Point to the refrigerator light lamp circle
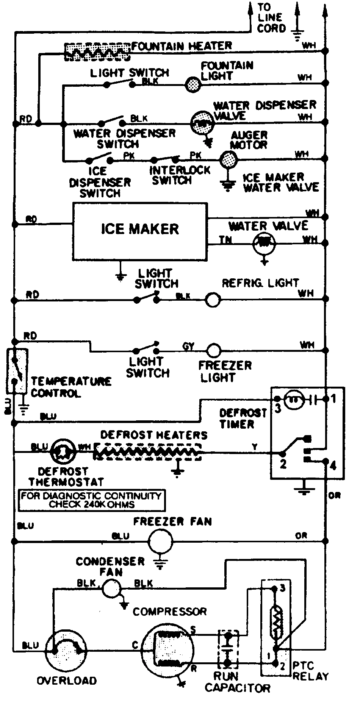[x=213, y=300]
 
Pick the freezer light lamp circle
[x=213, y=350]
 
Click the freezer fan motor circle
[x=160, y=542]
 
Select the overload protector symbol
[x=66, y=650]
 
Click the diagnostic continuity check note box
[x=91, y=500]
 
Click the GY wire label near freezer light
[x=188, y=346]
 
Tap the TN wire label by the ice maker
[x=226, y=239]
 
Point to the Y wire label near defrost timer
[x=255, y=447]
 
